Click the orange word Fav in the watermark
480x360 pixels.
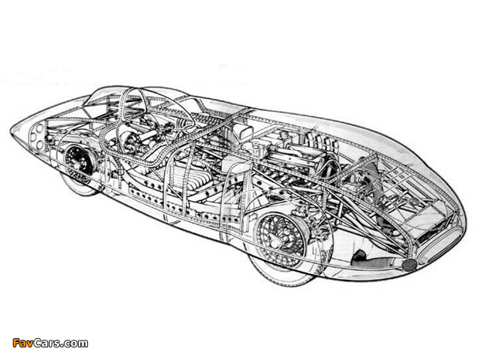(x=22, y=343)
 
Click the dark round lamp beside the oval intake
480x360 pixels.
(x=409, y=265)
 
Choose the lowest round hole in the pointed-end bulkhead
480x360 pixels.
(x=39, y=145)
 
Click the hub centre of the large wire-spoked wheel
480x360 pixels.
(x=274, y=241)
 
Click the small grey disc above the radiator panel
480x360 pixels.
(x=414, y=202)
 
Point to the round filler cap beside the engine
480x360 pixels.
(x=255, y=146)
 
